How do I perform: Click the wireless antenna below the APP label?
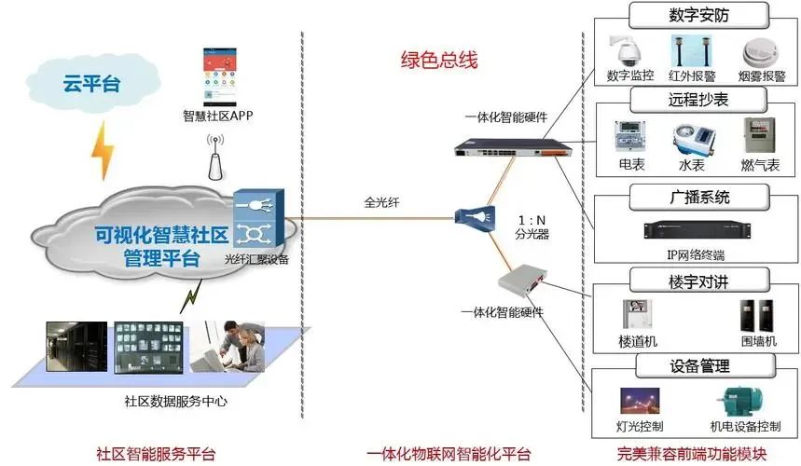click(216, 158)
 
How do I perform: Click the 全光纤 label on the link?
click(382, 201)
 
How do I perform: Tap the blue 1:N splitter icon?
click(470, 218)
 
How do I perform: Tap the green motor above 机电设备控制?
click(742, 402)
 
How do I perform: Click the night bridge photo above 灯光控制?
click(641, 402)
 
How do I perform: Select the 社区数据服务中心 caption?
click(176, 402)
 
